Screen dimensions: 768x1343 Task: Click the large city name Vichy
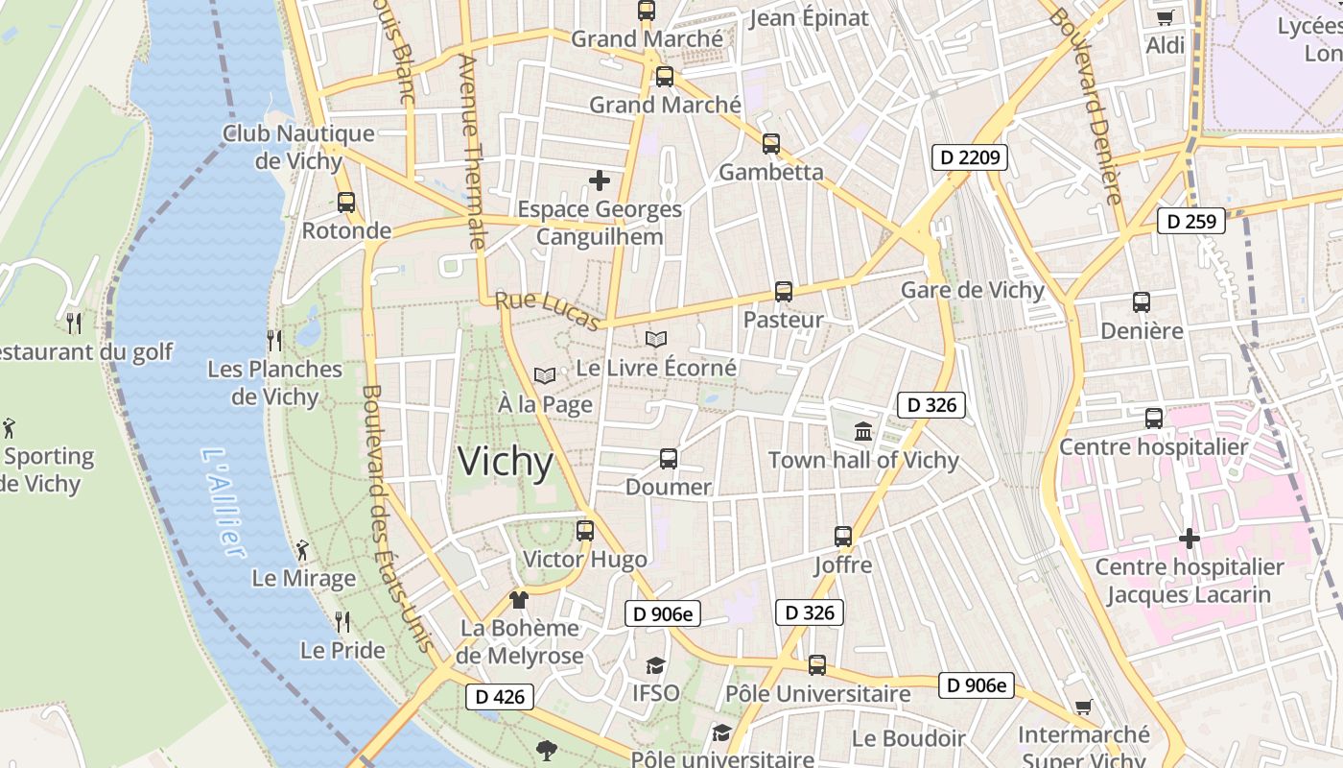[506, 463]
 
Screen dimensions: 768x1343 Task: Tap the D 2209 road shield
[970, 156]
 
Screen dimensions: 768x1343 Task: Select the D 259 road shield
[1191, 221]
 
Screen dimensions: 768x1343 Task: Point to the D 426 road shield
[500, 697]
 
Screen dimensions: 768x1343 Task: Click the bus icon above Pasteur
[784, 292]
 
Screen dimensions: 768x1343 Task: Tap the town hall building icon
[863, 432]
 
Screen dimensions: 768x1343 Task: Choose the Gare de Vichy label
[973, 290]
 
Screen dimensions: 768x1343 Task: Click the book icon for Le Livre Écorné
[656, 339]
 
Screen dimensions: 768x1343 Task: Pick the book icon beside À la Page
[545, 375]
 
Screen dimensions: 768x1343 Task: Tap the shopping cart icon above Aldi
[1166, 17]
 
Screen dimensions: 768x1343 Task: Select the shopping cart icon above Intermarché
[1083, 708]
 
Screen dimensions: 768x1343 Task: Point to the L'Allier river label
[224, 502]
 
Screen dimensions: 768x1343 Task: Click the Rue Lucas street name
[549, 311]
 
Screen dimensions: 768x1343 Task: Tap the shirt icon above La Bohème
[519, 600]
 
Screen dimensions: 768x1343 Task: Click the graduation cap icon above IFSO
[655, 665]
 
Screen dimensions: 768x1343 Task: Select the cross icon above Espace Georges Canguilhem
[600, 180]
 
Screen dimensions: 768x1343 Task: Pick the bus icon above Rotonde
[346, 203]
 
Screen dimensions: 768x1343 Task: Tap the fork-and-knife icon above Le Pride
[342, 622]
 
